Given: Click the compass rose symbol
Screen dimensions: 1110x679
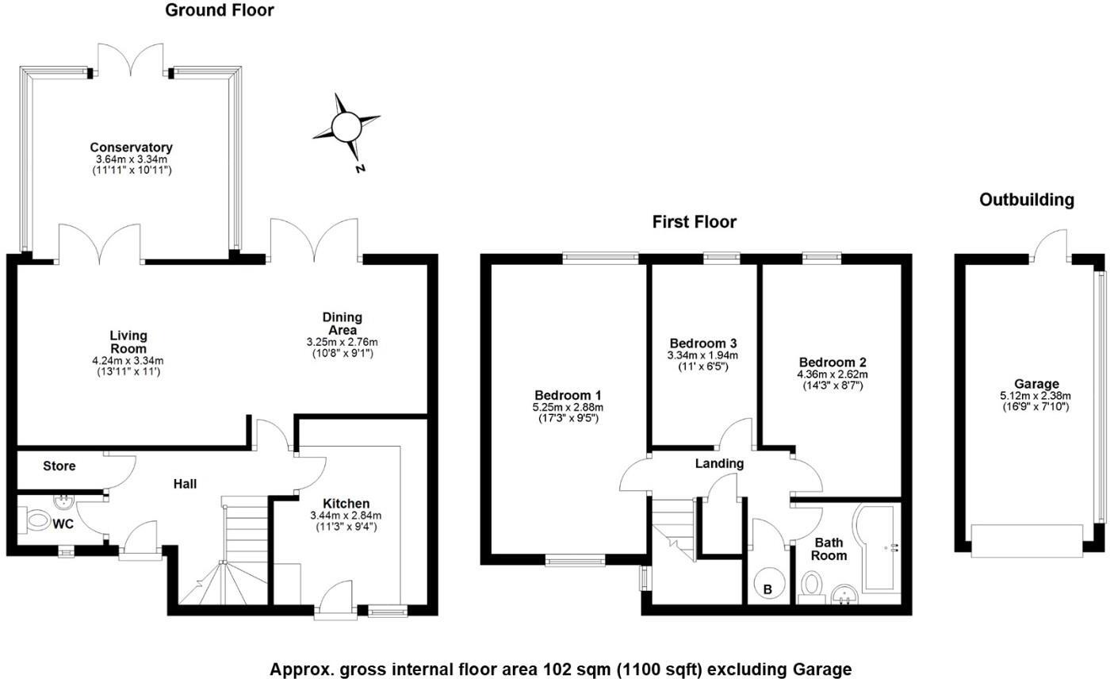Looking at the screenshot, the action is point(346,127).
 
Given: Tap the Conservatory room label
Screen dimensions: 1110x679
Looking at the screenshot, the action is point(131,148).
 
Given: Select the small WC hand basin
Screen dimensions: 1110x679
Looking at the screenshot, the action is point(61,501).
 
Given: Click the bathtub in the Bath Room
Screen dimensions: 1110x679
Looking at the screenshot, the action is point(877,547).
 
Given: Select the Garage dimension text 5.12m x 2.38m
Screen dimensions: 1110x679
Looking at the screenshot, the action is point(1035,396).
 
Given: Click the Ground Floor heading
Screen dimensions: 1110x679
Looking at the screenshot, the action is point(220,10).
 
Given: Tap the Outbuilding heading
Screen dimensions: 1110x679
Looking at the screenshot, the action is point(1027,200).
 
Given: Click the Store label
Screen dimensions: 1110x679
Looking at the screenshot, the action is point(59,466).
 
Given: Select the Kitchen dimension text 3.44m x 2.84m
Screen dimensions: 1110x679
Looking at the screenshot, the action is point(346,515).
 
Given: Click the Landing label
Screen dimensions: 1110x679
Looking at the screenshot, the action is point(719,463).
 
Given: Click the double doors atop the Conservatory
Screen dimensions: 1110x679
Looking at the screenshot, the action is point(131,59).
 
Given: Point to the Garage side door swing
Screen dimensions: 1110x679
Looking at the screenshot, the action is point(1052,243).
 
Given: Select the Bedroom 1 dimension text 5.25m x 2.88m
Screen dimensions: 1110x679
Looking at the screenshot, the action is point(568,407).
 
